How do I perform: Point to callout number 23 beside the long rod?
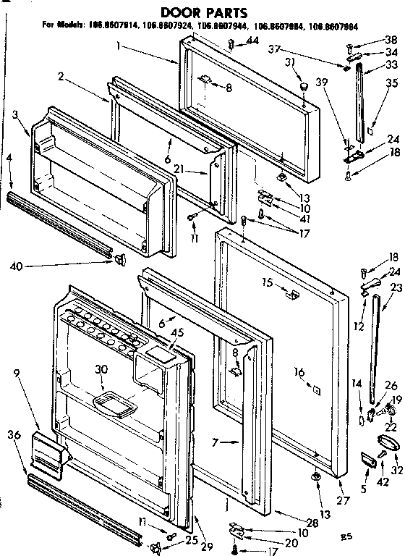pyautogui.click(x=395, y=287)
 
